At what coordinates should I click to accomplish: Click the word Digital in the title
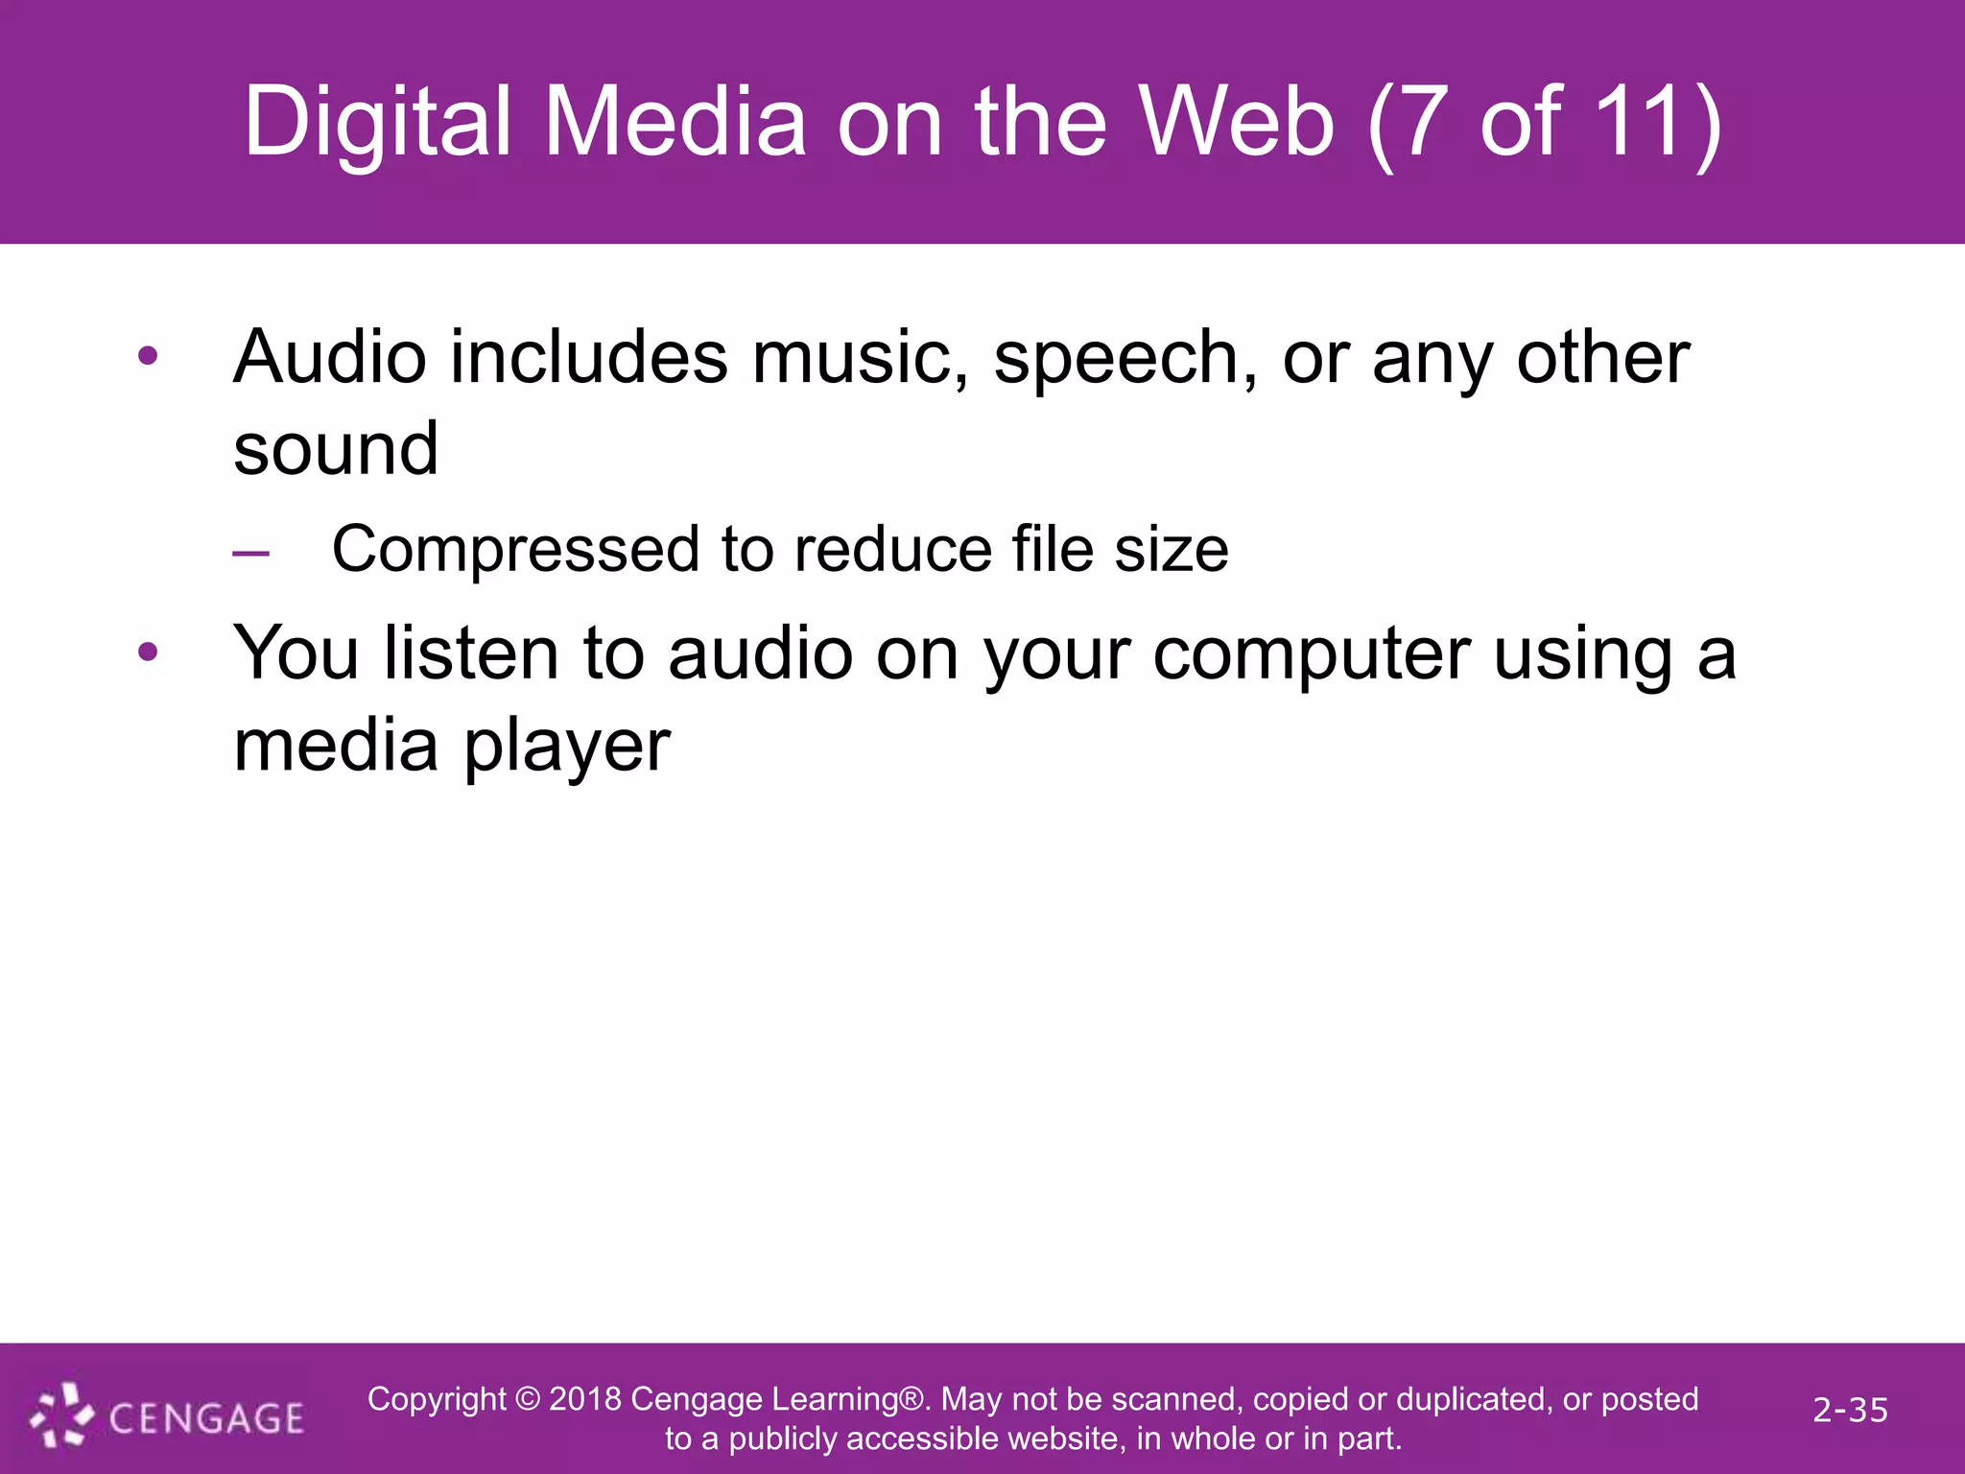pos(377,123)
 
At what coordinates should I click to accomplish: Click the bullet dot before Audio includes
pos(148,357)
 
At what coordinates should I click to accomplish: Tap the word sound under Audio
pos(336,449)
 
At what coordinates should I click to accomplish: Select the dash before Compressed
pos(250,553)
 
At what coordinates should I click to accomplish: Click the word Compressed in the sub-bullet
pos(515,551)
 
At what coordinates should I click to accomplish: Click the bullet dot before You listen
pos(148,653)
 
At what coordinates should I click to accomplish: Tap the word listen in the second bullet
pos(470,653)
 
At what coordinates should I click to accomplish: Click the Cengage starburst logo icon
pos(60,1415)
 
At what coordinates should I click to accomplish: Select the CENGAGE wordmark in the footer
pos(206,1418)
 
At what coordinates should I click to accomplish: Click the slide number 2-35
pos(1850,1410)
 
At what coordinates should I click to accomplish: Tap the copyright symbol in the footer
pos(527,1399)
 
